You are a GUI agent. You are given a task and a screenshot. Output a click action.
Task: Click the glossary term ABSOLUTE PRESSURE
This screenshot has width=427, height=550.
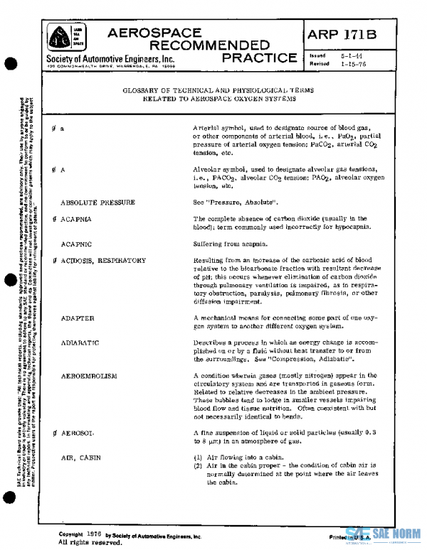tap(97, 203)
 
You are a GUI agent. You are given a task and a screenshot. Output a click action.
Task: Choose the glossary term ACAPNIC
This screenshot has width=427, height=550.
tap(76, 243)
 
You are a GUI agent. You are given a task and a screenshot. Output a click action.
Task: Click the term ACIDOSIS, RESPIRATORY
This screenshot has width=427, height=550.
tap(103, 260)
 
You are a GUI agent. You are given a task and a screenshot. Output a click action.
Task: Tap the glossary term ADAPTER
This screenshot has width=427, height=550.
tap(78, 318)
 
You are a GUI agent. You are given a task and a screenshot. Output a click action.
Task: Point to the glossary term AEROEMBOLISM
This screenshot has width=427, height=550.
tap(90, 374)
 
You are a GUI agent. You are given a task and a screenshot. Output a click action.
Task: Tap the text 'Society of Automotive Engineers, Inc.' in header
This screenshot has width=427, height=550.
tap(110, 58)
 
